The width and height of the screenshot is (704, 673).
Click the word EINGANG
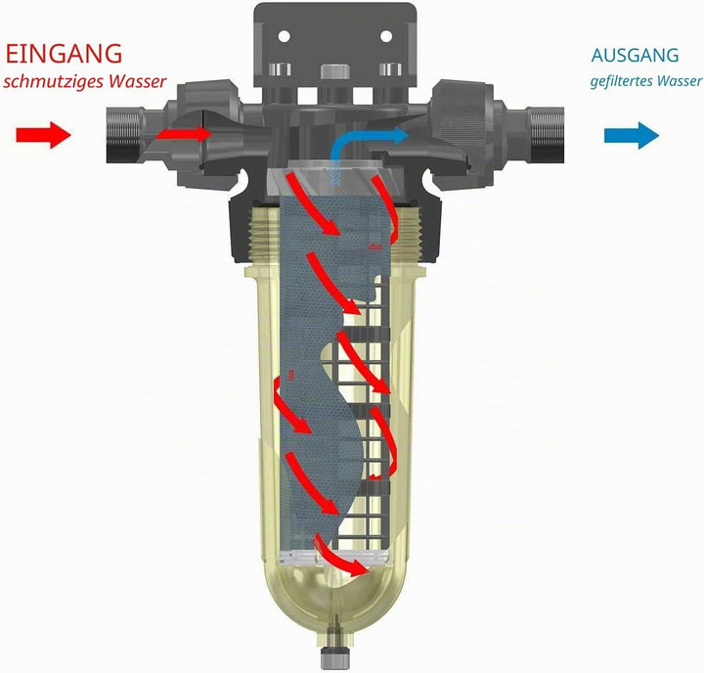click(x=64, y=54)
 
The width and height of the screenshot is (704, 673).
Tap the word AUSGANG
click(x=635, y=55)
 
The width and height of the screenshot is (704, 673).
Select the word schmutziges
click(x=55, y=82)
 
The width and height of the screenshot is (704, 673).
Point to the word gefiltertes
click(x=622, y=81)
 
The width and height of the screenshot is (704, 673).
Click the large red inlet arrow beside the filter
click(x=44, y=135)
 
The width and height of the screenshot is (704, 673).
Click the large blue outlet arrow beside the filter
click(x=632, y=135)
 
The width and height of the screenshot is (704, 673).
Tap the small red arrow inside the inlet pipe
click(x=184, y=133)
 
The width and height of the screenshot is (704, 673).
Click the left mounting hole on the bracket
click(x=285, y=36)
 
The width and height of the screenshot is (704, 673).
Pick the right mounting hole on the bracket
click(x=386, y=36)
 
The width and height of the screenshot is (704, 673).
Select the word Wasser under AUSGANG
click(x=681, y=81)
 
